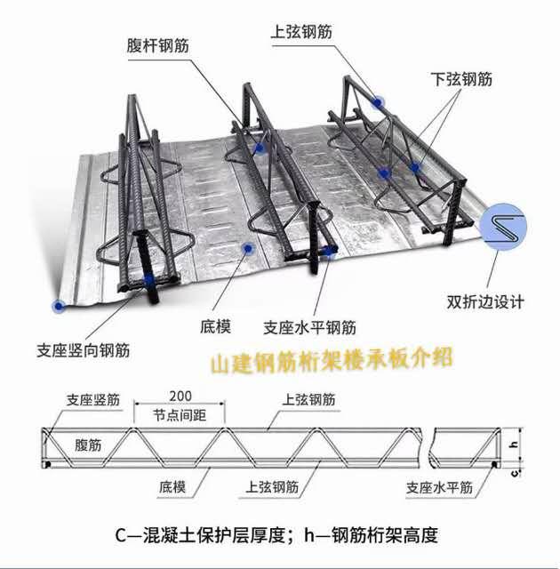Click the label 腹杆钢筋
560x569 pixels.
(157, 46)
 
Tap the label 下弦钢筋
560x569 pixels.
(461, 79)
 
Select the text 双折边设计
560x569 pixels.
(485, 302)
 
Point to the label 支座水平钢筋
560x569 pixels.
(309, 328)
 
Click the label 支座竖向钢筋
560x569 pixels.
(83, 350)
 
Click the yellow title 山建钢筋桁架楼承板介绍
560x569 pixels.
(332, 360)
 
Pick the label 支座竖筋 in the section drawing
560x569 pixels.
(93, 400)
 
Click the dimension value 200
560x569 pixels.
(180, 396)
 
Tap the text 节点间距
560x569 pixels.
(180, 415)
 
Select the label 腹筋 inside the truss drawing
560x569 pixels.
(88, 445)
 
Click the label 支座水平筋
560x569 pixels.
(439, 487)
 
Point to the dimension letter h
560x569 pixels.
(515, 445)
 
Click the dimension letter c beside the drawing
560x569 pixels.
(515, 473)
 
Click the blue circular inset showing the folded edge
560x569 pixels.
(503, 227)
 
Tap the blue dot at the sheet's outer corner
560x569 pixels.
(59, 307)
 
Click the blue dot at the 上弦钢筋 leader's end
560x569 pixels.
(378, 103)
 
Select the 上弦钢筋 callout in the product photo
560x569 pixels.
(301, 32)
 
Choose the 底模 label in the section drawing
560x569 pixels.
(172, 487)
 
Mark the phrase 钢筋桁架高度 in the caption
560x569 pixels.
(385, 535)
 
